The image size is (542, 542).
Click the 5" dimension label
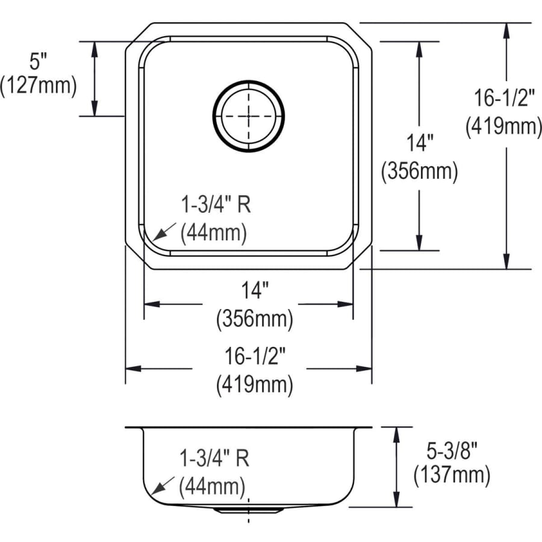38,61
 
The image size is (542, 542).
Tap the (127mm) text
39,85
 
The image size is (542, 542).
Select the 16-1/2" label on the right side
504,98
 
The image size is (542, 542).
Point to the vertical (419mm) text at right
503,126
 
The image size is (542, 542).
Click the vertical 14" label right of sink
419,143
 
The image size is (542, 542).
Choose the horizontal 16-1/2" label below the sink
255,356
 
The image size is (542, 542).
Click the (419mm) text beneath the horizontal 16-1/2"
255,384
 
